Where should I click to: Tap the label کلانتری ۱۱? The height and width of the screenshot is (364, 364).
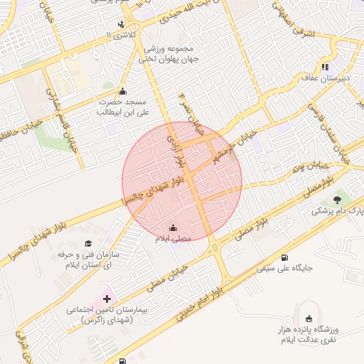pyautogui.click(x=119, y=34)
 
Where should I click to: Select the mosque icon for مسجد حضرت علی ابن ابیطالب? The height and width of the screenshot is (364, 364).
pyautogui.click(x=122, y=91)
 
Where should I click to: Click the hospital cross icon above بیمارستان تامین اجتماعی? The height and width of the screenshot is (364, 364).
pyautogui.click(x=107, y=299)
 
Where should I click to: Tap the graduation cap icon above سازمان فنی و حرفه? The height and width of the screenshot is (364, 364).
pyautogui.click(x=89, y=243)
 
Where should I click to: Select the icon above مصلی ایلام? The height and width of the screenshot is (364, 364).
pyautogui.click(x=173, y=228)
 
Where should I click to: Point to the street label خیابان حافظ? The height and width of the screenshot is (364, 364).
pyautogui.click(x=21, y=135)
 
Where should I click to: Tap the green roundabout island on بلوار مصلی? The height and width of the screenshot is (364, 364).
pyautogui.click(x=214, y=247)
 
